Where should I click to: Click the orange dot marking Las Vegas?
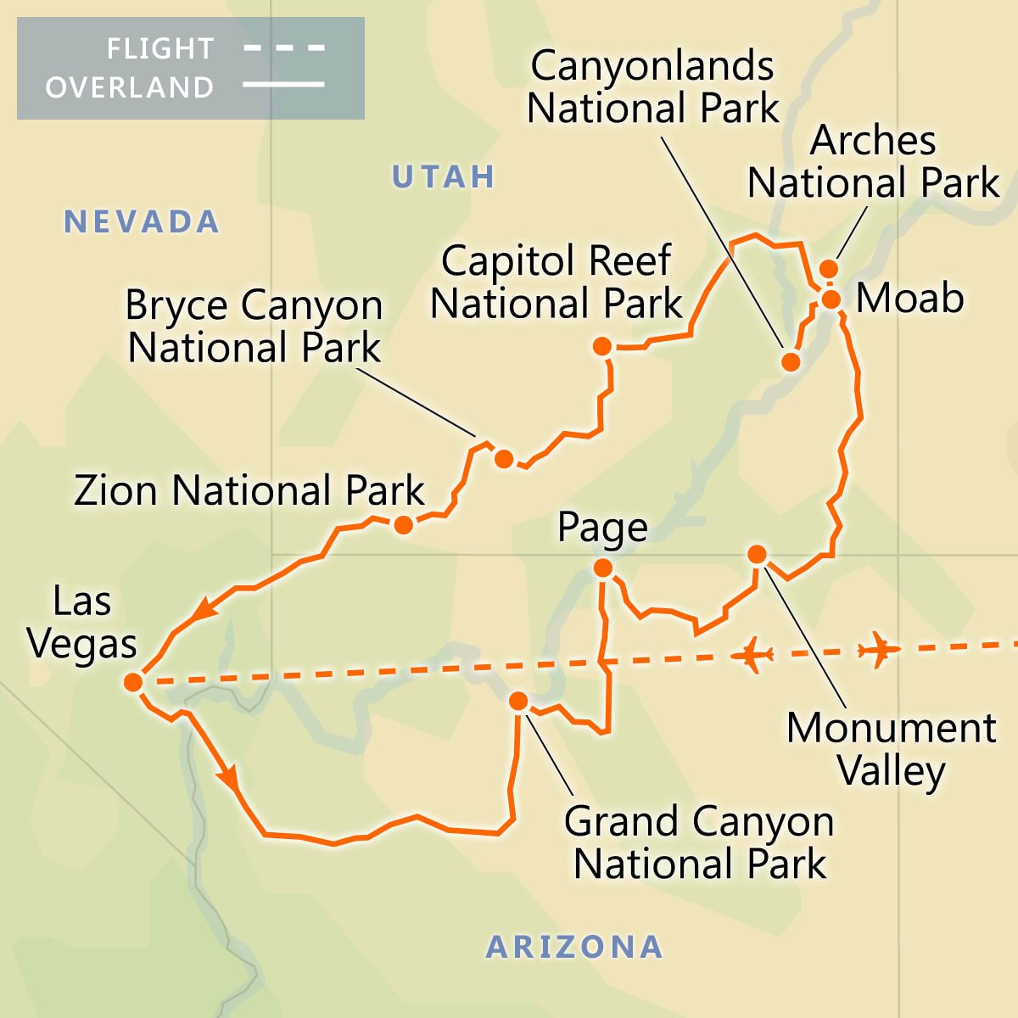point(133,682)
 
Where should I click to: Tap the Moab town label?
point(909,298)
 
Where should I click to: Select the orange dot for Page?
point(602,568)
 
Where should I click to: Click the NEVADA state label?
point(142,222)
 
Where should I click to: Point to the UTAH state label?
point(443,176)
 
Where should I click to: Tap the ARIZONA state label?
point(574,947)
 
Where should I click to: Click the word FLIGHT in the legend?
point(160,49)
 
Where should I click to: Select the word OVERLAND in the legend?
point(130,87)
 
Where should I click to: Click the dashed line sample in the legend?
point(284,48)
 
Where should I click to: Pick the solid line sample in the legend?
point(284,85)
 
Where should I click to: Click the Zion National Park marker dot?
point(404,525)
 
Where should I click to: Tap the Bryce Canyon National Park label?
point(254,327)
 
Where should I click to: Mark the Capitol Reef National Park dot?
point(602,346)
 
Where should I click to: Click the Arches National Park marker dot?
point(829,269)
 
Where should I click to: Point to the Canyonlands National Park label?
point(652,87)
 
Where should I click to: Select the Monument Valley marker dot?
point(757,555)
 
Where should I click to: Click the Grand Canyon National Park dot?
point(518,701)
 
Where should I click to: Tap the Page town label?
point(602,528)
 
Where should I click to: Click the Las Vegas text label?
point(82,623)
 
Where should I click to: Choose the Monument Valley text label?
point(891,749)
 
